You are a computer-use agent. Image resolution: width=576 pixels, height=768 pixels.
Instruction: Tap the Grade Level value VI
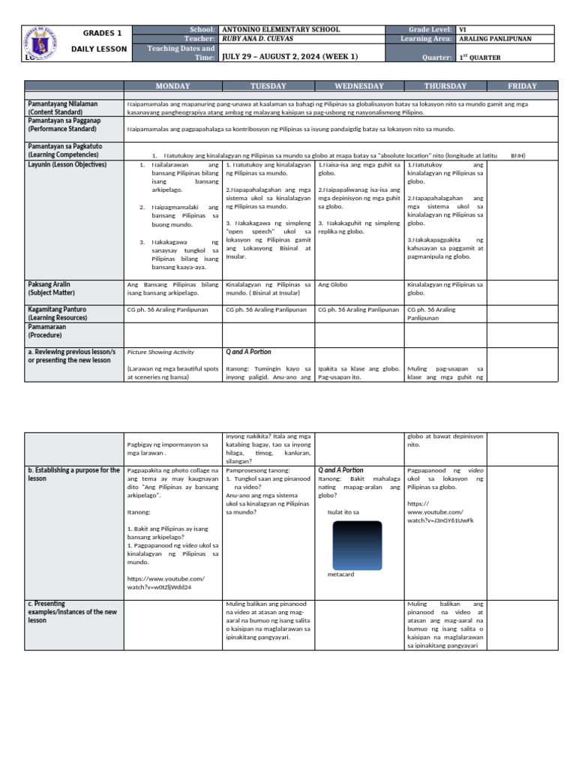(x=463, y=29)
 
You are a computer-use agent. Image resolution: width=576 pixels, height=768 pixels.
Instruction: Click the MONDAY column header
(x=172, y=86)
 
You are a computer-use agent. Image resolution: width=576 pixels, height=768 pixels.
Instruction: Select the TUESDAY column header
(x=268, y=86)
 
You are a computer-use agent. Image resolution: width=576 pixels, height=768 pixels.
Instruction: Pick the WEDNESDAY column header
(x=359, y=86)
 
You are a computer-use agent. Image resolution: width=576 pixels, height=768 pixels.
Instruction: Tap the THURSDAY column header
(x=445, y=86)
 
